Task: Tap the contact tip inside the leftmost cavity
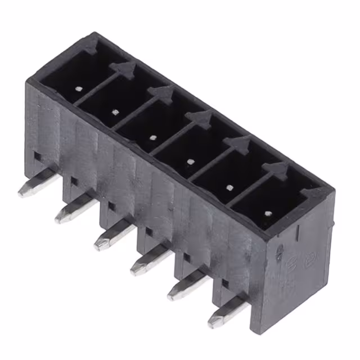click(x=78, y=88)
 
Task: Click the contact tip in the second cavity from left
click(x=115, y=112)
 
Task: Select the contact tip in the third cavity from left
click(x=153, y=137)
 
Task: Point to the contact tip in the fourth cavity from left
click(x=191, y=161)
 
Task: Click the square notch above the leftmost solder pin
click(x=36, y=155)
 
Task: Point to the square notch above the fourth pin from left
click(x=149, y=231)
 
